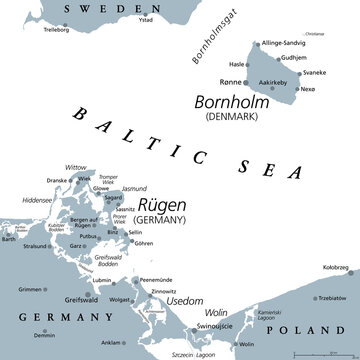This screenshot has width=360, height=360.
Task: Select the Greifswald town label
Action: pos(80,299)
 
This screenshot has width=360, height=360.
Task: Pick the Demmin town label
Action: pos(43,335)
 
